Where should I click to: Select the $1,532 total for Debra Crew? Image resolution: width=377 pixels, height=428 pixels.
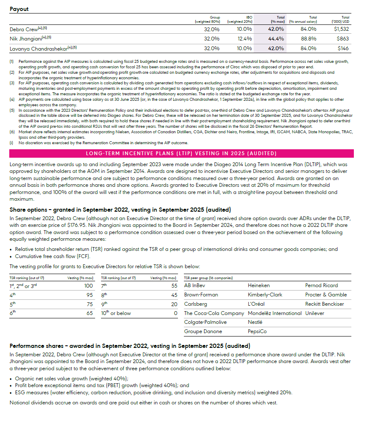tap(342, 29)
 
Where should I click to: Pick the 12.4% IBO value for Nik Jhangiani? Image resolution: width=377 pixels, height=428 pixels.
tap(244, 39)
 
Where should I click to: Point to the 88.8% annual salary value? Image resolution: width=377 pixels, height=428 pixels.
tap(308, 39)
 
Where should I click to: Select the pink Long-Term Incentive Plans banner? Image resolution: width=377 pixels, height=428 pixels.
tap(181, 153)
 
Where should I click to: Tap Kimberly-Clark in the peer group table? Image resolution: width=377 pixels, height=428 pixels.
tap(265, 295)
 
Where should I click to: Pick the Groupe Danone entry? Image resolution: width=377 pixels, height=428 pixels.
tap(203, 331)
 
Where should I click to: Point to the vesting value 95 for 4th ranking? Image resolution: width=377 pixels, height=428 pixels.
tap(90, 295)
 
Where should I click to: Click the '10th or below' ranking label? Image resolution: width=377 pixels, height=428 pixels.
tap(116, 313)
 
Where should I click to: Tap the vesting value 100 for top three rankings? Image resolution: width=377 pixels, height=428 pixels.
tap(88, 285)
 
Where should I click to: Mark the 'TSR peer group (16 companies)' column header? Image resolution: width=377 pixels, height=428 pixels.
tap(208, 277)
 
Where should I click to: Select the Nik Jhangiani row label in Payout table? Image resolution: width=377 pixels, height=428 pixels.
tap(28, 39)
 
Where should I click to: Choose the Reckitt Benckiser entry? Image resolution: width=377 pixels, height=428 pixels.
tap(324, 304)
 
